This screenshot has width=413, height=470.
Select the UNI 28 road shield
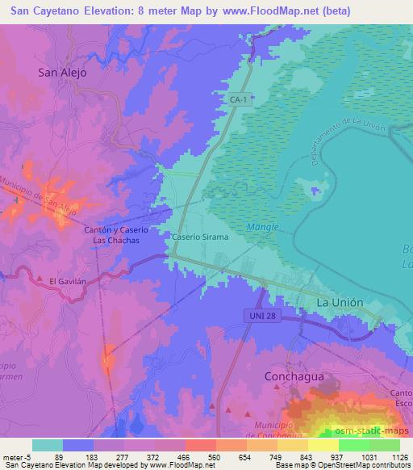click(x=264, y=317)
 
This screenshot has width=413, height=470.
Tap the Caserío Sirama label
click(x=201, y=238)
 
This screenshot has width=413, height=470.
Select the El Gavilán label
click(x=65, y=280)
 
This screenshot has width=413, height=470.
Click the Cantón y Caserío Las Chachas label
click(x=112, y=235)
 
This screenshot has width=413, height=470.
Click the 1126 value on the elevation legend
click(x=400, y=456)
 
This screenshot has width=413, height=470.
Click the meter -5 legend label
click(x=16, y=456)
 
